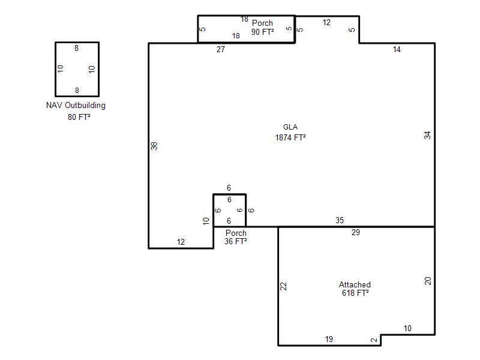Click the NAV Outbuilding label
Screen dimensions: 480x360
tap(76, 106)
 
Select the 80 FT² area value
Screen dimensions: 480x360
tap(79, 117)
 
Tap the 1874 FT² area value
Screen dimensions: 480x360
tap(290, 137)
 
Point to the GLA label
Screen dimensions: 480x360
tap(290, 127)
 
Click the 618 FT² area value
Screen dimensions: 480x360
tap(355, 293)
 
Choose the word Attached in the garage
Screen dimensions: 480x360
tap(355, 284)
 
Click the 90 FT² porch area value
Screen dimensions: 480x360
tap(263, 32)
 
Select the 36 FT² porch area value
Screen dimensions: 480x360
tap(235, 241)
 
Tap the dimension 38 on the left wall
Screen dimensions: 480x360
tap(154, 146)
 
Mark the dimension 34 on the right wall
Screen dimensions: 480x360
tap(427, 135)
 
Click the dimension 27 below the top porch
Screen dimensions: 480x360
tap(221, 49)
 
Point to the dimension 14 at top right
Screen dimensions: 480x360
tap(397, 49)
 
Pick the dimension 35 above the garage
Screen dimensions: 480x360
tap(340, 220)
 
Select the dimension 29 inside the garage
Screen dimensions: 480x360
tap(355, 232)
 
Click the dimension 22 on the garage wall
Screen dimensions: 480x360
tap(283, 286)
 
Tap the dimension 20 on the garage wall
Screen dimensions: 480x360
tap(428, 281)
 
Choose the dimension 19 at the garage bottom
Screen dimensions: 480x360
tap(329, 339)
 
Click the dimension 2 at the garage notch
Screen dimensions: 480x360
tap(374, 340)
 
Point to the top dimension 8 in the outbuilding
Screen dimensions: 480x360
tap(77, 48)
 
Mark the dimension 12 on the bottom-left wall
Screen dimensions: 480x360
tap(181, 242)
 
